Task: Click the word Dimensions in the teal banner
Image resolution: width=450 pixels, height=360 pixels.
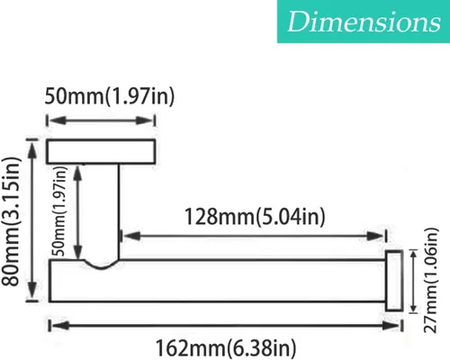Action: [364, 22]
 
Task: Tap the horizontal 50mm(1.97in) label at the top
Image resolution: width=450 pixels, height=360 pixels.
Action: [110, 96]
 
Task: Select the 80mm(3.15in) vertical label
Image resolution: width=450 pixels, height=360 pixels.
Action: [11, 221]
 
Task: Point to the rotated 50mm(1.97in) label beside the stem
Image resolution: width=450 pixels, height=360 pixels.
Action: [59, 211]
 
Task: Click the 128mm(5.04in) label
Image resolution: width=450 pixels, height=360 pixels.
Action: [255, 217]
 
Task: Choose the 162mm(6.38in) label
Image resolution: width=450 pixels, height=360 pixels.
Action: [226, 348]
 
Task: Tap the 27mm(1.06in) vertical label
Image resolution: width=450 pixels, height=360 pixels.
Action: [431, 280]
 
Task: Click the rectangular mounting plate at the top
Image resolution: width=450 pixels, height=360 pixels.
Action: [101, 151]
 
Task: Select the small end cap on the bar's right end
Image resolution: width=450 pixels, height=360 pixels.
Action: [394, 281]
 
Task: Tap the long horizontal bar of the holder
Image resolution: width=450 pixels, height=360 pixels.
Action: [217, 281]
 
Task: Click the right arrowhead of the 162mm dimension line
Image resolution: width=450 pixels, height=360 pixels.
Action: [391, 326]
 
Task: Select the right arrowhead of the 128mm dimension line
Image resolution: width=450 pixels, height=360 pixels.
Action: [375, 236]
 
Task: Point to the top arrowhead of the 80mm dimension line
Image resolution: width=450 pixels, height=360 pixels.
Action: [32, 149]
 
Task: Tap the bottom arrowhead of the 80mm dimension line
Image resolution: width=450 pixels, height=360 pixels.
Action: [32, 291]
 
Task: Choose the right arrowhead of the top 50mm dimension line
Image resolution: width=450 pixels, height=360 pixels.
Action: [145, 121]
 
